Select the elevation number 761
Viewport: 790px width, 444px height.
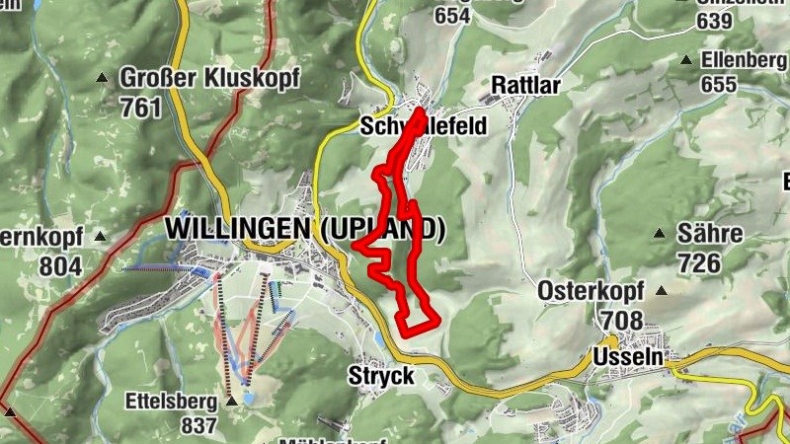[x=140, y=107]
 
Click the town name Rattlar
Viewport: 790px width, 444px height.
[x=524, y=86]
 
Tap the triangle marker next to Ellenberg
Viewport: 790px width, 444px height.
[x=685, y=60]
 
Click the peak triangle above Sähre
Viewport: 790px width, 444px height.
[x=660, y=234]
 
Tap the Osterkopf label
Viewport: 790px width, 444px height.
[x=591, y=291]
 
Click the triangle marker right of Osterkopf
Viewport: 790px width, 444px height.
[x=661, y=291]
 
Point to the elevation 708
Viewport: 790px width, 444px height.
[x=619, y=321]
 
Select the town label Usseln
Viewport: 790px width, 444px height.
[x=628, y=355]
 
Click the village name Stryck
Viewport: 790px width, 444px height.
[x=381, y=376]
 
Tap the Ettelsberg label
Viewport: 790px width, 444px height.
[x=170, y=402]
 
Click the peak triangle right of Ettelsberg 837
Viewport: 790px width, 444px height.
[x=231, y=402]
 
